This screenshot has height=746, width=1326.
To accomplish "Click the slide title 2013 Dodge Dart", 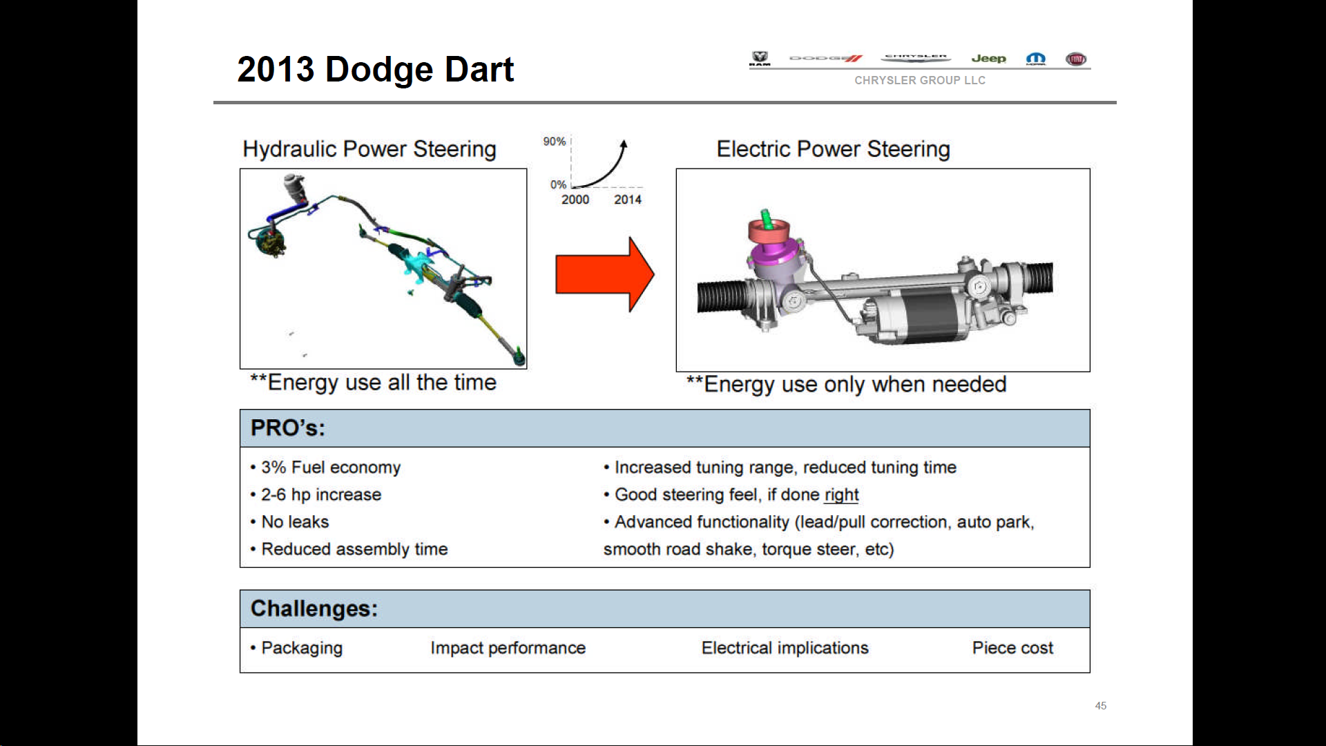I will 375,70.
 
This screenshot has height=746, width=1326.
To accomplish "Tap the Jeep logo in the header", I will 988,59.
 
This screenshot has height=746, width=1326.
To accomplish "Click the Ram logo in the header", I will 760,59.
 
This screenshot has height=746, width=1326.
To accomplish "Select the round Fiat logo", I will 1075,59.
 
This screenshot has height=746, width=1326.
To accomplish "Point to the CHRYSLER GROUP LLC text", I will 919,80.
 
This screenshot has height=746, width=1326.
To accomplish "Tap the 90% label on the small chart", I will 554,142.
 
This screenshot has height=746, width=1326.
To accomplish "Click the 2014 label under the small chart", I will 627,200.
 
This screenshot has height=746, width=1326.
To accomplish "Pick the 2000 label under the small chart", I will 575,200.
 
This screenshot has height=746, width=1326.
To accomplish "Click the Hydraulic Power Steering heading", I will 369,149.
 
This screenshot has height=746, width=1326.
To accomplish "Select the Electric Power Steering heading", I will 833,149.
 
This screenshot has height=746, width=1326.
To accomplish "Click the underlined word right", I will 841,495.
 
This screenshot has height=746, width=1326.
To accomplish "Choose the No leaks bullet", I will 295,522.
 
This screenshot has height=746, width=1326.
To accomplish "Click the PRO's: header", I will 287,428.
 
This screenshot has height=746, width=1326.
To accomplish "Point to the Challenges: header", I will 314,609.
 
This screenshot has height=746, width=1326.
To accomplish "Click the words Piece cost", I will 1012,648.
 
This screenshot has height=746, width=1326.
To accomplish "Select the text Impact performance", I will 508,648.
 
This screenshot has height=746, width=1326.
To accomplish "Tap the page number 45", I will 1100,706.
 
